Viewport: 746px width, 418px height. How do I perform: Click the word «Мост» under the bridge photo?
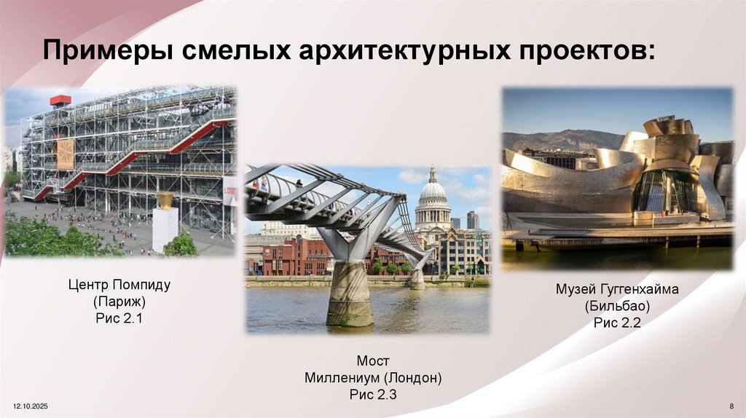[x=373, y=361]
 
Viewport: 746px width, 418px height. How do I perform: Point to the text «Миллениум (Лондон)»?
[x=373, y=378]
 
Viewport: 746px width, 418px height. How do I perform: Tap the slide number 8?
[x=730, y=403]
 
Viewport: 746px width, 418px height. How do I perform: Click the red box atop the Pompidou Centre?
[x=60, y=100]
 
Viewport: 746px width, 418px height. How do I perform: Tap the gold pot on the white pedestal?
[x=166, y=200]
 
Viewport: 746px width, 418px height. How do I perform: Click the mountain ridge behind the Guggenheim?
[x=554, y=138]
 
